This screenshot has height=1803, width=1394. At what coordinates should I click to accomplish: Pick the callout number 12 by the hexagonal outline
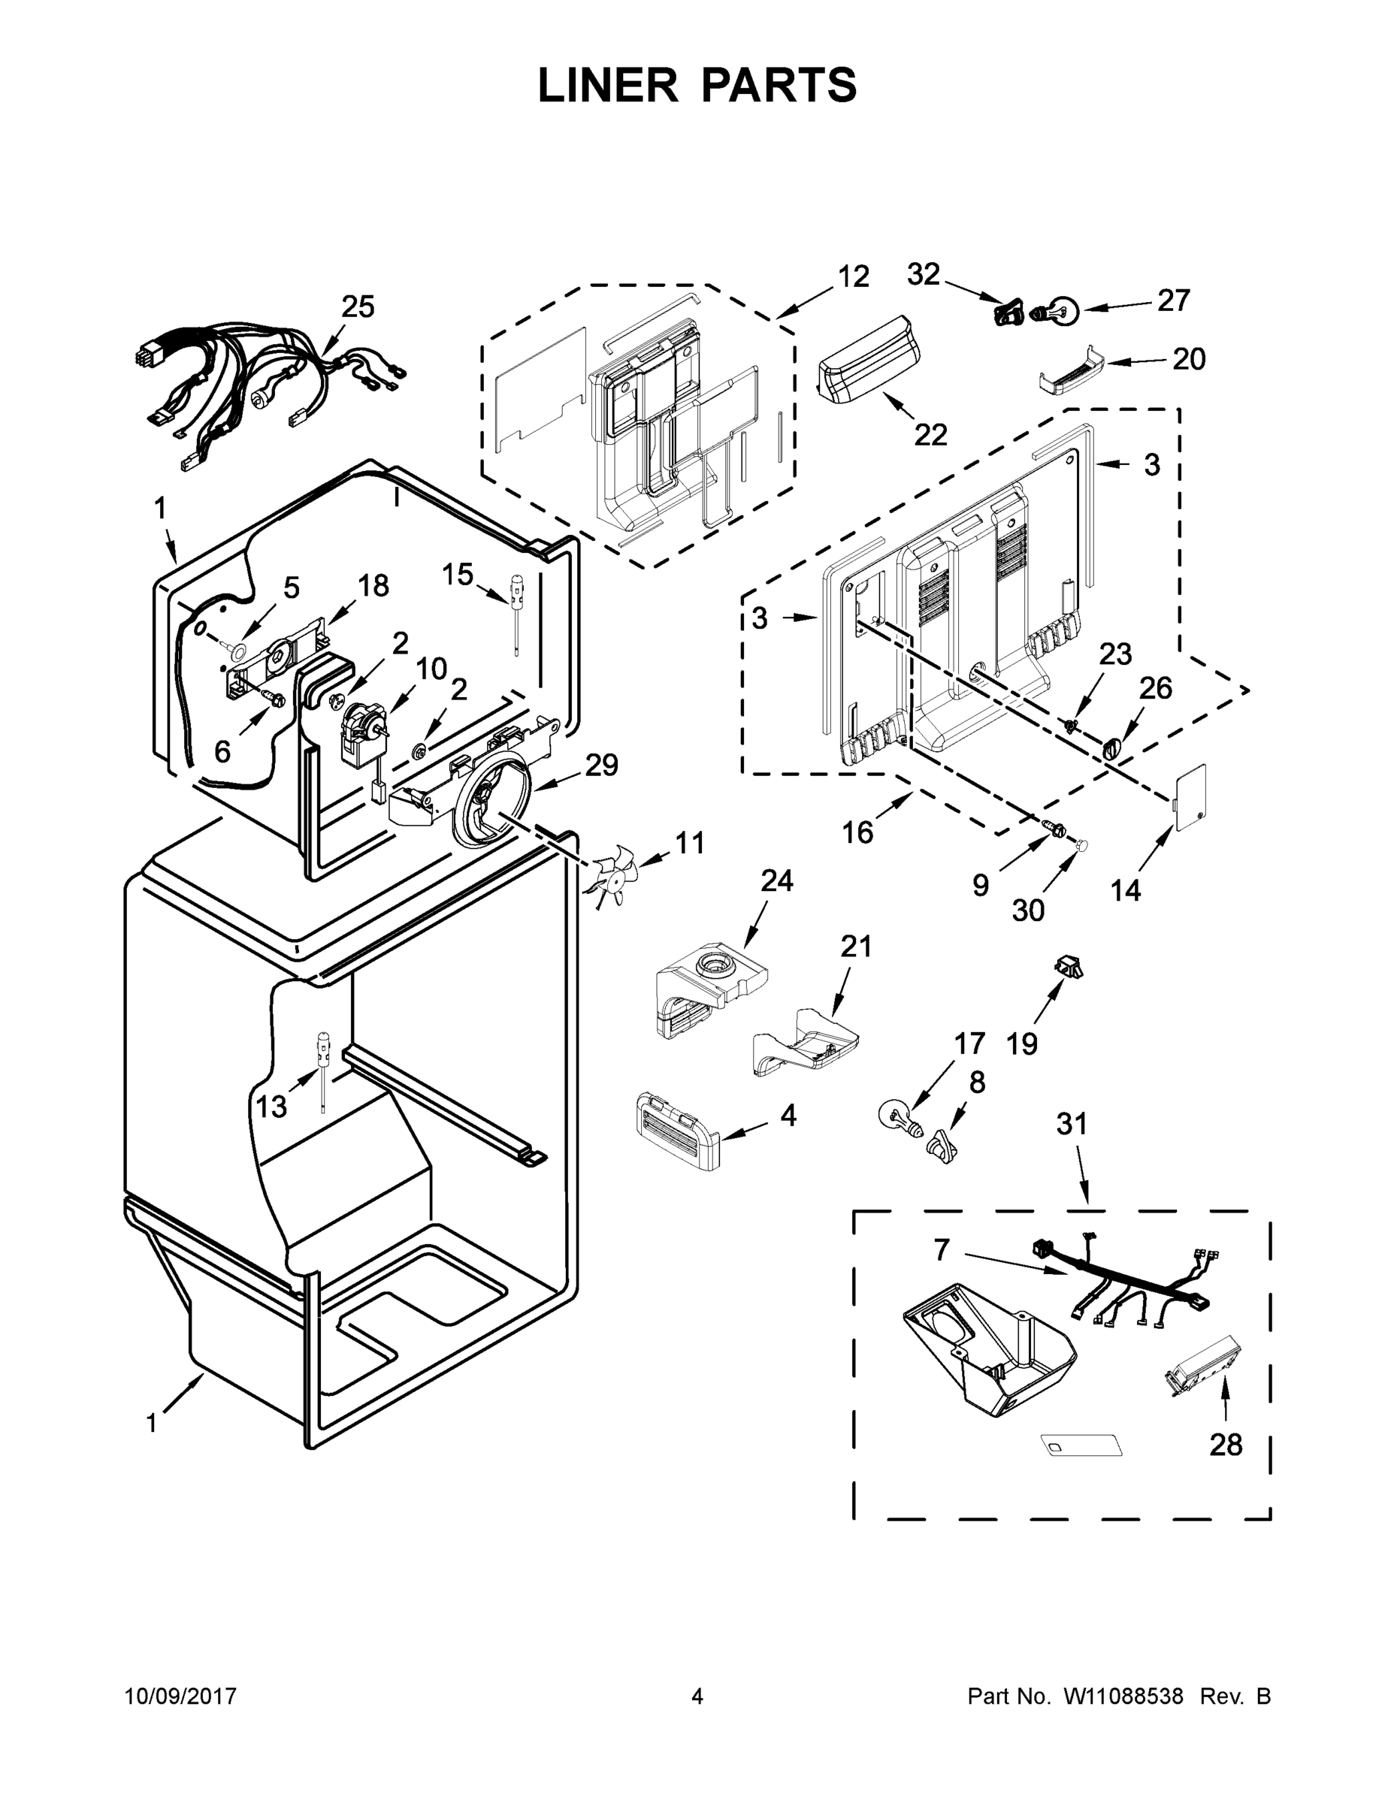click(853, 276)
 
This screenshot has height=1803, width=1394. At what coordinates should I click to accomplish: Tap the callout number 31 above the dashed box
click(1072, 1124)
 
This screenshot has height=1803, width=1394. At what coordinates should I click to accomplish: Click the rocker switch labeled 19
click(1069, 965)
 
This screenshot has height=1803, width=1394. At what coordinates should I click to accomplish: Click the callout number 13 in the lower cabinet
click(270, 1107)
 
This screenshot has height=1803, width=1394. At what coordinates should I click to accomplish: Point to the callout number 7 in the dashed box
click(942, 1250)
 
